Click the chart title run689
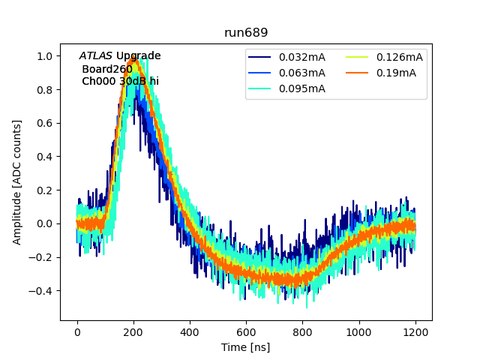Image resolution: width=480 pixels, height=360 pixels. (x=246, y=33)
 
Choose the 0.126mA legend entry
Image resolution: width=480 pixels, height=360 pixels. (x=399, y=57)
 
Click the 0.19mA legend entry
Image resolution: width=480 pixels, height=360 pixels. (x=396, y=73)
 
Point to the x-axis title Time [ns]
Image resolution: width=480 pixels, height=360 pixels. (x=245, y=347)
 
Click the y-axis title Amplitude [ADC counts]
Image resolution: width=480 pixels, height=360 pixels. (x=17, y=181)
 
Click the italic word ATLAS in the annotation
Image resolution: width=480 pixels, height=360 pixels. (x=95, y=56)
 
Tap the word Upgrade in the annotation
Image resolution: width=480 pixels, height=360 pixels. (x=138, y=56)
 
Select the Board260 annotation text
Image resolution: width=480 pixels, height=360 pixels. (x=107, y=69)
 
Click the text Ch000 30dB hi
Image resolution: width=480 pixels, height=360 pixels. (x=120, y=81)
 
